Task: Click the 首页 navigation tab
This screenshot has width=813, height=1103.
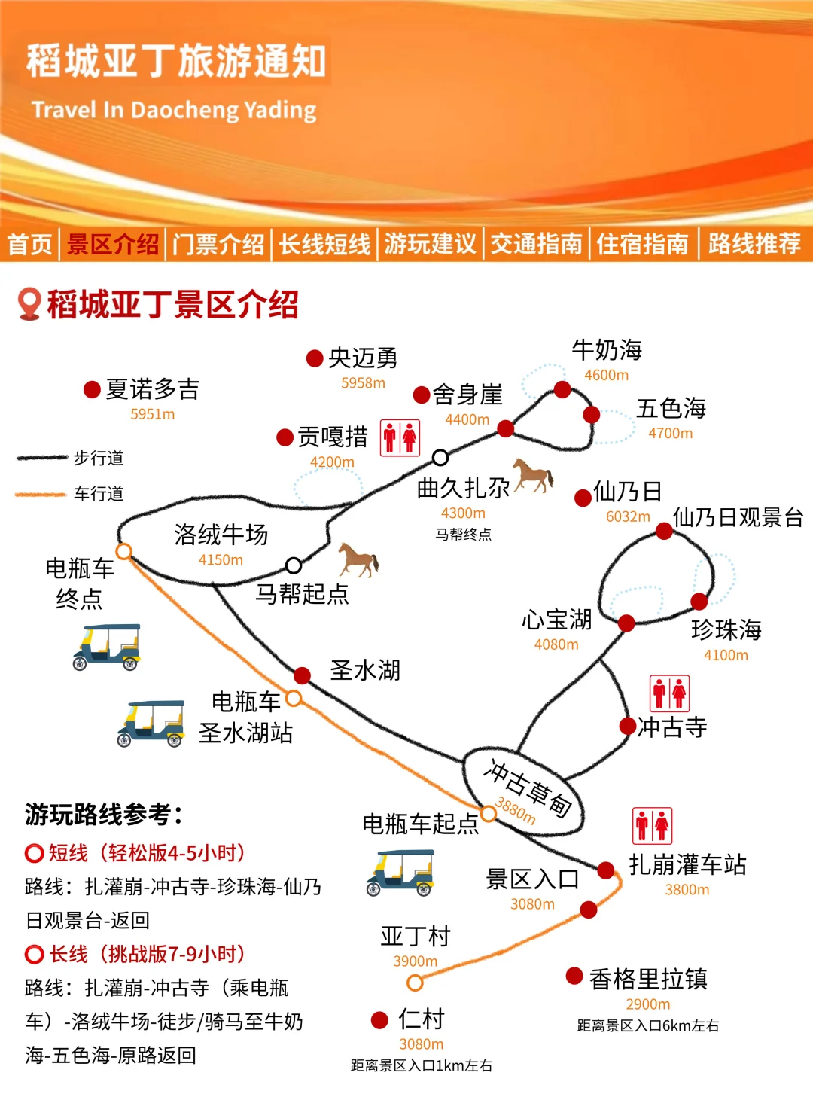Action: tap(30, 244)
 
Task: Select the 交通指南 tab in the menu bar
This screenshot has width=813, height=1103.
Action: tap(536, 244)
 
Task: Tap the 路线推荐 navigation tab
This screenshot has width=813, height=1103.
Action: tap(754, 244)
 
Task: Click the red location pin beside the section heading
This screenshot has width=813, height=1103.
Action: tap(29, 304)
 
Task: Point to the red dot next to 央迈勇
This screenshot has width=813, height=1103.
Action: tap(315, 358)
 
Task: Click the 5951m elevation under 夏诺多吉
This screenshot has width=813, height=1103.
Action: tap(152, 414)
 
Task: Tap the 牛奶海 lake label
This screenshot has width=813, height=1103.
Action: tap(607, 350)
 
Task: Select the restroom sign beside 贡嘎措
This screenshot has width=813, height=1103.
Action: tap(400, 437)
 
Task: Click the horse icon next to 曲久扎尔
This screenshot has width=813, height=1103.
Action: tap(534, 476)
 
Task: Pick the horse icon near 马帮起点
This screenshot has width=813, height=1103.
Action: tap(358, 560)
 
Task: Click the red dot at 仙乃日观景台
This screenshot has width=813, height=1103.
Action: tap(664, 532)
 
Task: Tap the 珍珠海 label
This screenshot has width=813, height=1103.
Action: tap(726, 629)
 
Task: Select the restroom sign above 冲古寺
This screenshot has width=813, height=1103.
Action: tap(669, 693)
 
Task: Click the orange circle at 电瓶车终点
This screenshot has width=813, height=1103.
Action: tap(124, 551)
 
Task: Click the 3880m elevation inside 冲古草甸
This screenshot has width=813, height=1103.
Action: tap(516, 812)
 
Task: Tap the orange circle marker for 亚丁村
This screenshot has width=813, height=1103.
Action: tap(415, 983)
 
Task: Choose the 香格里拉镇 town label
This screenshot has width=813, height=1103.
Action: tap(648, 979)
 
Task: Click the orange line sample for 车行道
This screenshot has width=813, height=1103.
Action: tap(41, 495)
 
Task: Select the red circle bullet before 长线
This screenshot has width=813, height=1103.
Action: tap(34, 955)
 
